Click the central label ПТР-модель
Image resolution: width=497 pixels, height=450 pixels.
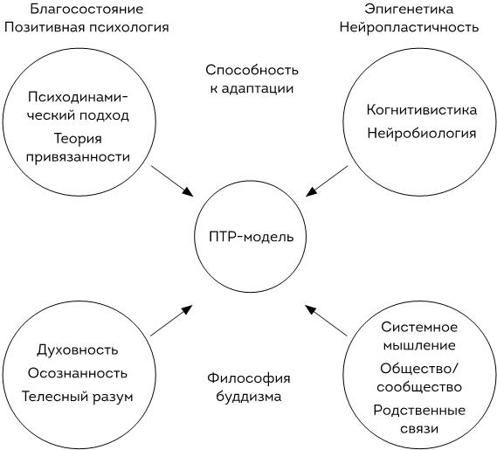click(251, 237)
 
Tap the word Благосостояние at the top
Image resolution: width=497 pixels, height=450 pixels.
click(86, 9)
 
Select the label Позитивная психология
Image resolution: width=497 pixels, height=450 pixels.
click(86, 27)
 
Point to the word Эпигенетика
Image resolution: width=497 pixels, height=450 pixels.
click(409, 9)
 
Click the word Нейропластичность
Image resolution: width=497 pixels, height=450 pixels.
click(409, 27)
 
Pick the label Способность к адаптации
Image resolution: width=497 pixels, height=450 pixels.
click(252, 79)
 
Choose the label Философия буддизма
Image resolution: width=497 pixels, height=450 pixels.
click(249, 387)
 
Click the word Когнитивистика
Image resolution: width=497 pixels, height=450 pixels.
click(422, 110)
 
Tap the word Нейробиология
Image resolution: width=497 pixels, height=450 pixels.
click(422, 133)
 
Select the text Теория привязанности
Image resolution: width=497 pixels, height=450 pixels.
click(78, 148)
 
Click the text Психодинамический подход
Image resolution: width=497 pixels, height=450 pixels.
click(78, 106)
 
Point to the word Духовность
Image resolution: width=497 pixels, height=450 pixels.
click(78, 350)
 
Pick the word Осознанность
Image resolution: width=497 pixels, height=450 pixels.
click(78, 373)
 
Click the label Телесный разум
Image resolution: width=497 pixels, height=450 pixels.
click(78, 397)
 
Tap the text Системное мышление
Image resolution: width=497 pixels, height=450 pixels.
click(419, 336)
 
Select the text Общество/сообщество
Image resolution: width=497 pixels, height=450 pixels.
click(419, 377)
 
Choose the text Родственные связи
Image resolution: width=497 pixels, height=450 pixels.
click(419, 419)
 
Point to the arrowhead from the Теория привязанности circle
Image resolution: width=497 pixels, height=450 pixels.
click(188, 191)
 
